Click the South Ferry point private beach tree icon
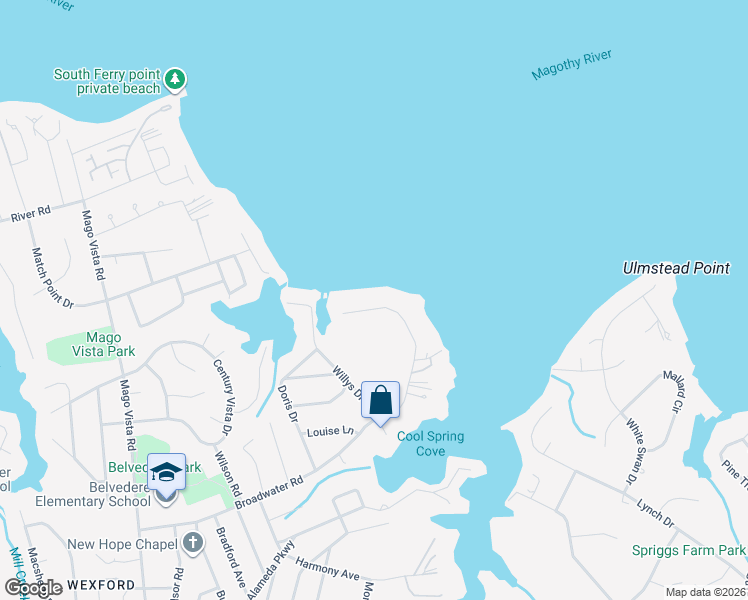tap(175, 79)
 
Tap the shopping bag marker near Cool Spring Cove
tap(380, 401)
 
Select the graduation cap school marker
tap(167, 473)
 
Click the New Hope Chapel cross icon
tap(194, 544)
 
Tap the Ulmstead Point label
tap(677, 268)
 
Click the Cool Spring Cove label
tap(431, 444)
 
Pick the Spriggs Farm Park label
tap(689, 550)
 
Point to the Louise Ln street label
tap(331, 431)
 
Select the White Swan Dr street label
tap(636, 453)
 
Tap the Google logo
tap(32, 588)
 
